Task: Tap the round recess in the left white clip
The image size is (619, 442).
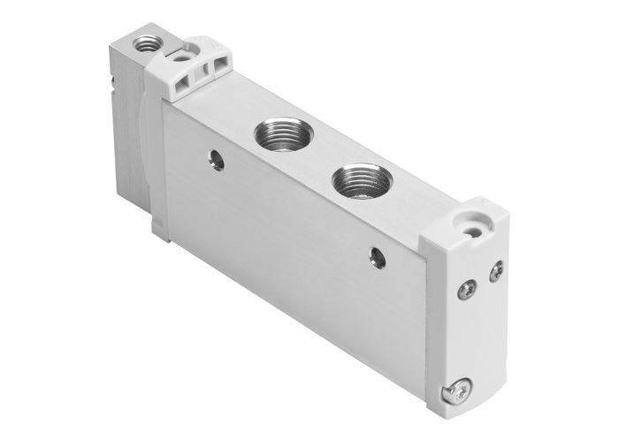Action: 180,55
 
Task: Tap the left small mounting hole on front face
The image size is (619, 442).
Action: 217,159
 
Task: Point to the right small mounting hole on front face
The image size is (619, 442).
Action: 377,256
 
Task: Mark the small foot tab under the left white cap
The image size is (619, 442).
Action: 160,229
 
